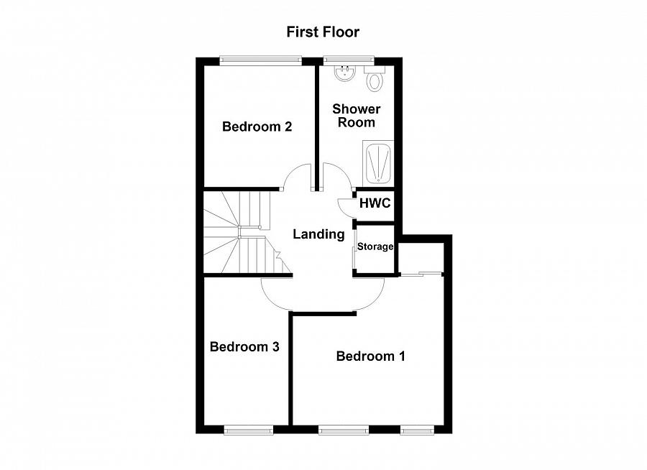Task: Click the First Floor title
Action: click(323, 32)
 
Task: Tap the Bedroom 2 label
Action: click(257, 127)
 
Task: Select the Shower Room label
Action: click(356, 116)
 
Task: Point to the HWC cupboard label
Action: click(375, 203)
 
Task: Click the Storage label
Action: click(376, 247)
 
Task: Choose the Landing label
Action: click(318, 234)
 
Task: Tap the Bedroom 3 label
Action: click(244, 347)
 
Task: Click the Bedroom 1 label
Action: click(370, 356)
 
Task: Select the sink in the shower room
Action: click(346, 73)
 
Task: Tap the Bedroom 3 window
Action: click(248, 430)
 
